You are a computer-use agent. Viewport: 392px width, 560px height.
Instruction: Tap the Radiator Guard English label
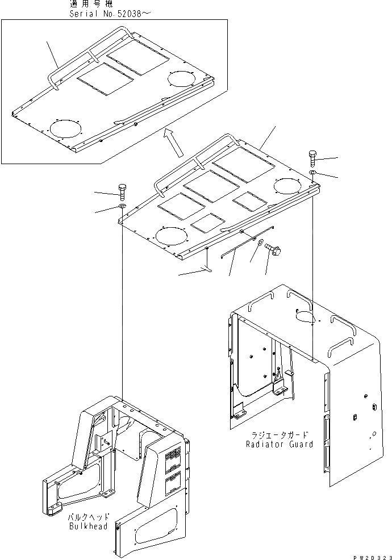(x=279, y=444)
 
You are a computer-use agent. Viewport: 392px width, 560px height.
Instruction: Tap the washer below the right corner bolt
(x=314, y=172)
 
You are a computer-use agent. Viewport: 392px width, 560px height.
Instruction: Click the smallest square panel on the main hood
(x=207, y=222)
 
